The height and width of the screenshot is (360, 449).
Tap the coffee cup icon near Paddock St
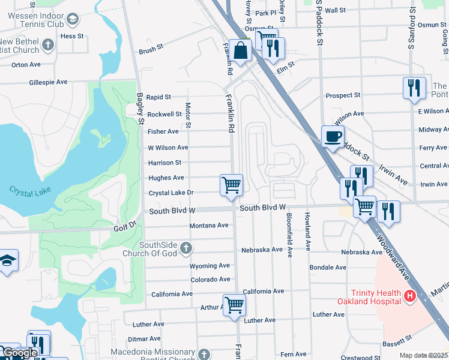[x=333, y=136]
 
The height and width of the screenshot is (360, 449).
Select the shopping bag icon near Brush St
[x=241, y=52]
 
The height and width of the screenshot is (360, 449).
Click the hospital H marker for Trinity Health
[x=410, y=296]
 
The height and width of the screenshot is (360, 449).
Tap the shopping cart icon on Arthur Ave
[x=234, y=305]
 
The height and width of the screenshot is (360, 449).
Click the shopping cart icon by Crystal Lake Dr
[x=231, y=185]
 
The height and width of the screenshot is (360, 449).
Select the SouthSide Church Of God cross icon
[x=187, y=248]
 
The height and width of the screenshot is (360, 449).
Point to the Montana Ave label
[x=209, y=226]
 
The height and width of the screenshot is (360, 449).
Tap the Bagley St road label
[x=140, y=108]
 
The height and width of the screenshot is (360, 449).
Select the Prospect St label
[x=343, y=95]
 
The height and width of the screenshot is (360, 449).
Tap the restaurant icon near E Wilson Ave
[x=414, y=88]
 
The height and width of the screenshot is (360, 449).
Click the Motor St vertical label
[x=188, y=115]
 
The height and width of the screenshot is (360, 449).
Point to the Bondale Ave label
[x=328, y=267]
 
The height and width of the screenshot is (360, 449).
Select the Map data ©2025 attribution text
[x=424, y=355]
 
